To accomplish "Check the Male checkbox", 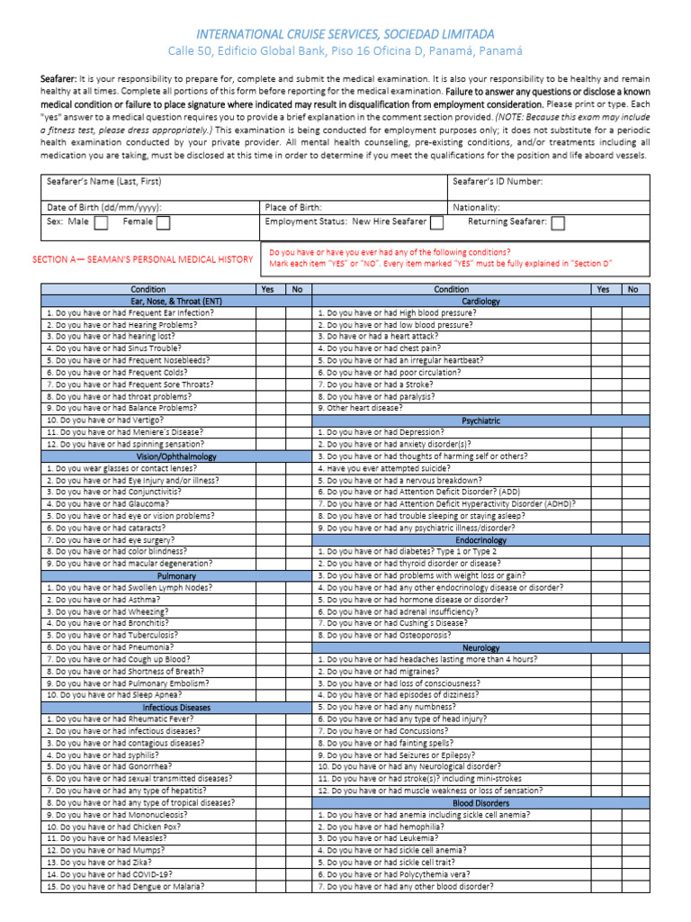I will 102,222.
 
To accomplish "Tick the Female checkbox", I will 163,222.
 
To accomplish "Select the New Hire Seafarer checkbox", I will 436,222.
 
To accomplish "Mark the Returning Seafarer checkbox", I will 558,222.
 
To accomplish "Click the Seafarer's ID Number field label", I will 498,181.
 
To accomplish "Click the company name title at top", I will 345,33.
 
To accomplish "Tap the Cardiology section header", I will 480,301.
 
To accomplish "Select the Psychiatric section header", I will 480,420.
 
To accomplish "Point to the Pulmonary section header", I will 176,575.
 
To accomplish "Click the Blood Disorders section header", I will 480,803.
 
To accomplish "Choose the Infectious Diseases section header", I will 176,707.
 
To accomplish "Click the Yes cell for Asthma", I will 269,599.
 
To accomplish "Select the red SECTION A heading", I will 142,259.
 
